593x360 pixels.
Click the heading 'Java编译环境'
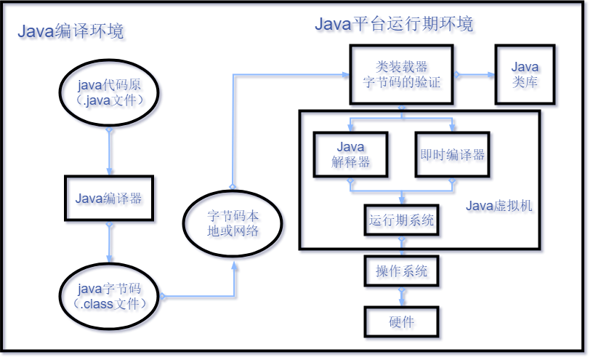70,31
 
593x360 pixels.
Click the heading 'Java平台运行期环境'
394,25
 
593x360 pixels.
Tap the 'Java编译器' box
110,199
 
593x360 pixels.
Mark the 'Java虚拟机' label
499,207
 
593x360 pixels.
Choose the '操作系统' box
402,272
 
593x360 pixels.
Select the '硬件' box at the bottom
402,322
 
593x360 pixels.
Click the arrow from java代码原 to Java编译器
110,153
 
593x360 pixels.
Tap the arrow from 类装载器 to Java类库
475,75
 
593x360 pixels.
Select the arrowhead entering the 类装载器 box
345,74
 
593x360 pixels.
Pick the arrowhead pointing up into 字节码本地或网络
235,265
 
